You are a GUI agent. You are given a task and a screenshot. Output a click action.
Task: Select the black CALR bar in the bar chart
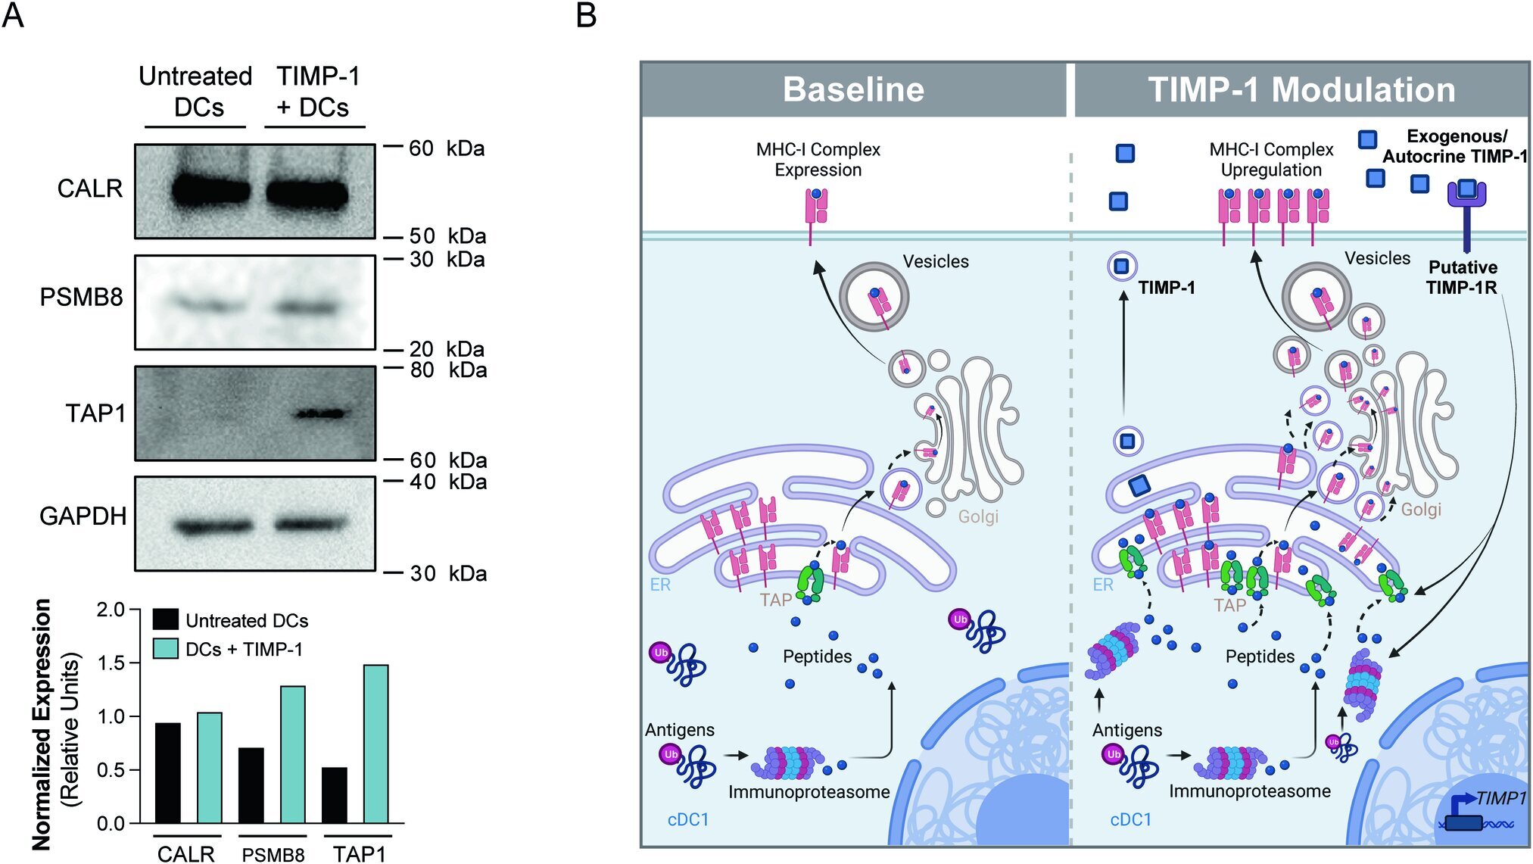(167, 772)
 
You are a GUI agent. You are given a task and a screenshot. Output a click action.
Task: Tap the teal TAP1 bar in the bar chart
(375, 744)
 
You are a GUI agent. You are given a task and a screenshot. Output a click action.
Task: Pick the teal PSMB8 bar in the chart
(292, 754)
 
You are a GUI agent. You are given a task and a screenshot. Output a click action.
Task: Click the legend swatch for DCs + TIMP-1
(166, 649)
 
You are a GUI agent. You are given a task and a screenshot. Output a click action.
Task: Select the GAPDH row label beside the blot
(83, 516)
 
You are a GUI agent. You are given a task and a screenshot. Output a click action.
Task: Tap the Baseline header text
(853, 89)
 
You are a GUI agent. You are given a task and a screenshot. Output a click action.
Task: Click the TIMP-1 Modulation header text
(1301, 89)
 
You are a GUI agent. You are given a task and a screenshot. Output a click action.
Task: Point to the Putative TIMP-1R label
(1462, 277)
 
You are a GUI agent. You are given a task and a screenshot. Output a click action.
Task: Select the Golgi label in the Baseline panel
(978, 516)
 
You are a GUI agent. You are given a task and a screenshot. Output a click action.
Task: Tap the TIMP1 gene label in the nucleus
(1500, 798)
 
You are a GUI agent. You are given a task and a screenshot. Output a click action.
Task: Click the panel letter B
(586, 15)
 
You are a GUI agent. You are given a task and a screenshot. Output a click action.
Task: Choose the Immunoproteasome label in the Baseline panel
(809, 792)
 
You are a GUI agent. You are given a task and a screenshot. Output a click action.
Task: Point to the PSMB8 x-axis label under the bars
(273, 855)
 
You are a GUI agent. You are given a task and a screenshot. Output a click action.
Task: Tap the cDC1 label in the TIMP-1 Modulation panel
(1130, 819)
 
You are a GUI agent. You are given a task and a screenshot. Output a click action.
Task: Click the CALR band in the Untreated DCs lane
(210, 191)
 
